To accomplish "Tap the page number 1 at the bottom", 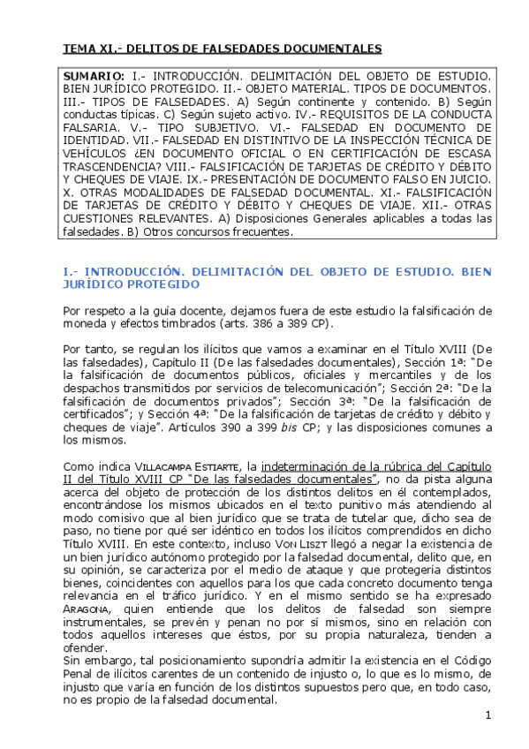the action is point(487,714).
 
